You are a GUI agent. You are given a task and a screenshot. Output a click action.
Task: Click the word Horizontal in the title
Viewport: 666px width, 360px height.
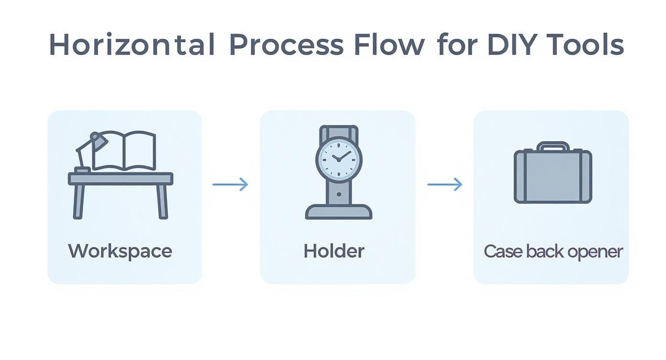pos(132,44)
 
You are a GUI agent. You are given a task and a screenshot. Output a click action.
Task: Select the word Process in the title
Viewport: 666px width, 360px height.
pos(287,45)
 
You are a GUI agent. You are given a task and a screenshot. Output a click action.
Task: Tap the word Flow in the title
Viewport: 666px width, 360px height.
pos(389,44)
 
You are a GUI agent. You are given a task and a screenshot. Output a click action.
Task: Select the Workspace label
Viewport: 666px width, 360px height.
pos(120,252)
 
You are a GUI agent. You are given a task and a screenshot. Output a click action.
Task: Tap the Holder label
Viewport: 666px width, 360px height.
pos(334,251)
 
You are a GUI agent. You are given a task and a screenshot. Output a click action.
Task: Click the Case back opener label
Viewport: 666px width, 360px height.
pos(553,252)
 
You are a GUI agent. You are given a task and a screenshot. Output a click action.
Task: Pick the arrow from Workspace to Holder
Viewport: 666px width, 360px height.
pos(230,184)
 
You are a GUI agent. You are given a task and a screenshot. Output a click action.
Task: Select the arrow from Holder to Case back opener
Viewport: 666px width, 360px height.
pos(445,184)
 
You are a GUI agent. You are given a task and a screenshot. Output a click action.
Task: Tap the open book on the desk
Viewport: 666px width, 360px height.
pos(124,151)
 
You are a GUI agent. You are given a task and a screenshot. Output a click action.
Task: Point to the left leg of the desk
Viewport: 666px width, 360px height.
pos(78,202)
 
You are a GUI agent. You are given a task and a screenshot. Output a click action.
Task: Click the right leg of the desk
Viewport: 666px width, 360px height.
pos(162,202)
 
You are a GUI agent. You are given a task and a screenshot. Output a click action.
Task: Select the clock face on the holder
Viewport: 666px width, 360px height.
pos(339,160)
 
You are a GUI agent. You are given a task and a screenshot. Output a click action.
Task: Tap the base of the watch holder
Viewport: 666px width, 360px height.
pos(339,212)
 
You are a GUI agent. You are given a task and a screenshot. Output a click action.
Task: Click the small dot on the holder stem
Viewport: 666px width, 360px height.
pos(339,194)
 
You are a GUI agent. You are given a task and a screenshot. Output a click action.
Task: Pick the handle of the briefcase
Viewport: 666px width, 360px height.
pos(553,146)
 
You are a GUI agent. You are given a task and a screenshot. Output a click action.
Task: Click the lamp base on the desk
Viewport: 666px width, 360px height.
pos(82,170)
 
